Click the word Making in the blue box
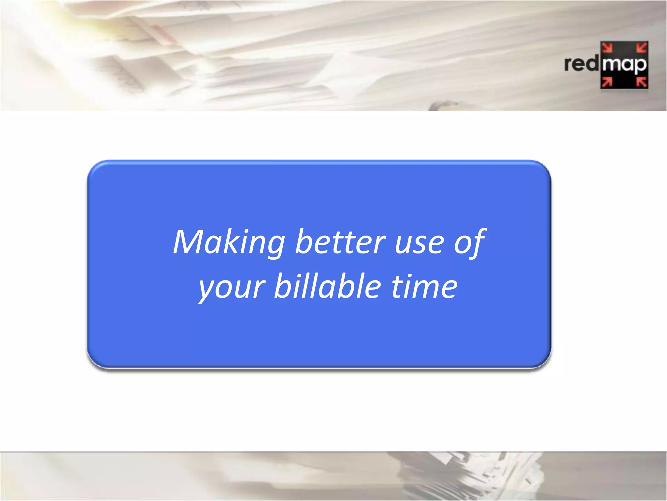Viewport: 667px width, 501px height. [x=229, y=242]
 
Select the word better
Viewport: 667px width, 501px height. [x=340, y=242]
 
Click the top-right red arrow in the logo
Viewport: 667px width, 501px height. [x=642, y=48]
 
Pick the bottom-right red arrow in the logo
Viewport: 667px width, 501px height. [x=642, y=82]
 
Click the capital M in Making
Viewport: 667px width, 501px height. [x=189, y=242]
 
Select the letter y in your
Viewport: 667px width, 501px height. [x=207, y=289]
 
